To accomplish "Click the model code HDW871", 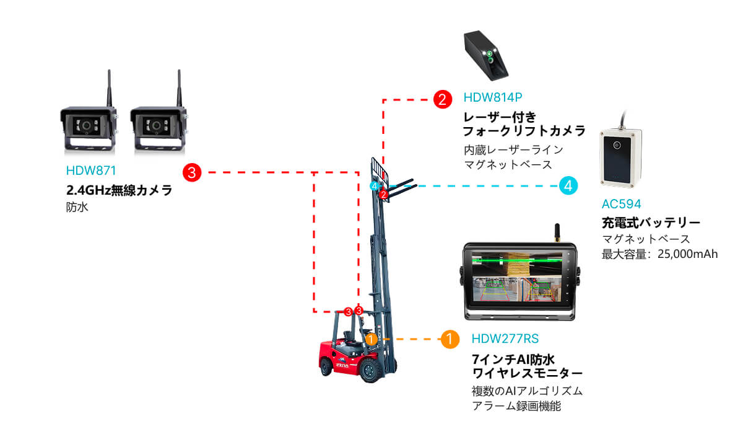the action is click(x=91, y=170).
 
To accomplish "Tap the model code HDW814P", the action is click(x=493, y=97).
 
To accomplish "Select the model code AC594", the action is click(x=621, y=204).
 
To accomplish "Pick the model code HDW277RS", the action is click(x=505, y=339).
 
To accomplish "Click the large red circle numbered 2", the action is click(x=443, y=99).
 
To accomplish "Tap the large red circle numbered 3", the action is click(x=192, y=172).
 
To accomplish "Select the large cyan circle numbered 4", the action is click(x=568, y=185).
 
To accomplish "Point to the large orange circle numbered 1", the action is click(x=450, y=339).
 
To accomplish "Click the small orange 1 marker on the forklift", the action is click(x=371, y=339).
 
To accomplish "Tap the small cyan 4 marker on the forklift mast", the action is click(x=375, y=186).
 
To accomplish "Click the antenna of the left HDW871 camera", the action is click(x=109, y=88).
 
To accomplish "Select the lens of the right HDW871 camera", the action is click(x=156, y=126).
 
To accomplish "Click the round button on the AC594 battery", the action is click(x=617, y=145).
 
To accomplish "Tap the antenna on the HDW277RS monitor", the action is click(x=557, y=232).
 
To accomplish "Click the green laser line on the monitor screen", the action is click(x=517, y=261).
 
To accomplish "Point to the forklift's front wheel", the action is click(x=370, y=370).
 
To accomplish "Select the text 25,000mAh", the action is click(x=687, y=254).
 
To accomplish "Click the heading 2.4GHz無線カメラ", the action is click(x=119, y=190).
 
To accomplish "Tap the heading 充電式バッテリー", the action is click(x=651, y=223).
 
